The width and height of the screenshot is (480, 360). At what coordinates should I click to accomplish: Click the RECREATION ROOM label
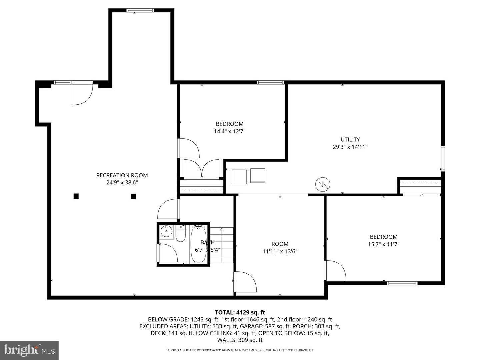click(x=122, y=175)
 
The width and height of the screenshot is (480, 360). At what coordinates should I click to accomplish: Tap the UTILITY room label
click(x=350, y=140)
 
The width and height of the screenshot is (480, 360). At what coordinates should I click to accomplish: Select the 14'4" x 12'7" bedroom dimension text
click(x=230, y=131)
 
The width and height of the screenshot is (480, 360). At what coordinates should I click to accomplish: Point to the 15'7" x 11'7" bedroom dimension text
click(x=383, y=244)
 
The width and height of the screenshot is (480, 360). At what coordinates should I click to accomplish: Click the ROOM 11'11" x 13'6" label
click(x=280, y=247)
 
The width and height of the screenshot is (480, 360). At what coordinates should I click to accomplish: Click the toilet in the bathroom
click(x=180, y=234)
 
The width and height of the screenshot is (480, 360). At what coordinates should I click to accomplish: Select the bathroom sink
click(x=166, y=230)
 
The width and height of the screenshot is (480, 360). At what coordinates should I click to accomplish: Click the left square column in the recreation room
click(x=76, y=196)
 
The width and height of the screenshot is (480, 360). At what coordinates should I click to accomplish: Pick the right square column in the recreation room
click(x=133, y=196)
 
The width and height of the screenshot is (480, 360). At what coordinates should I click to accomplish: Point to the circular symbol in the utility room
click(x=323, y=184)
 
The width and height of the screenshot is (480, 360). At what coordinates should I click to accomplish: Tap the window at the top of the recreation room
click(x=140, y=10)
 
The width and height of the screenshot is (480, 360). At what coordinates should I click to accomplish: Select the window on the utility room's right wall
click(x=443, y=159)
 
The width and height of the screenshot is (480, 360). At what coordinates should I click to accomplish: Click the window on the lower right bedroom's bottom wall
click(x=402, y=283)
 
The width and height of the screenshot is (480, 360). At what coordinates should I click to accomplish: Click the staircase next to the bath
click(x=222, y=245)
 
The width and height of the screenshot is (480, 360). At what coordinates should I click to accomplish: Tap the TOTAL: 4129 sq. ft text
click(x=240, y=312)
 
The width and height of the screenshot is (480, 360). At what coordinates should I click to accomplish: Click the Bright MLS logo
click(x=29, y=350)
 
